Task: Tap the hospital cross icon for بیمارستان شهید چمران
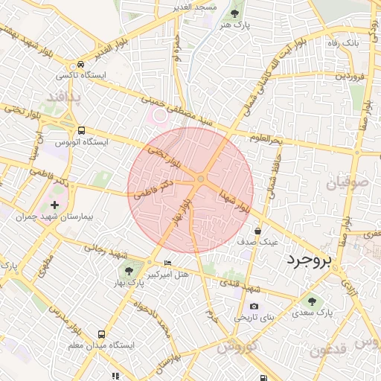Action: [x=54, y=204]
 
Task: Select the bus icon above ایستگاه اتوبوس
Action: [x=81, y=129]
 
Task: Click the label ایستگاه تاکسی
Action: [x=83, y=77]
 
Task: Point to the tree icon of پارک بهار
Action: [x=129, y=271]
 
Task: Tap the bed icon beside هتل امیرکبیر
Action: [x=167, y=263]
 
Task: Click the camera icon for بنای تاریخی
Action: [x=254, y=306]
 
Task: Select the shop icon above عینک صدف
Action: [x=257, y=231]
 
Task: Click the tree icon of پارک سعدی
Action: [x=312, y=302]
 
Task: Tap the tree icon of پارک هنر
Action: [x=236, y=13]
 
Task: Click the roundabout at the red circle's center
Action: [x=201, y=179]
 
